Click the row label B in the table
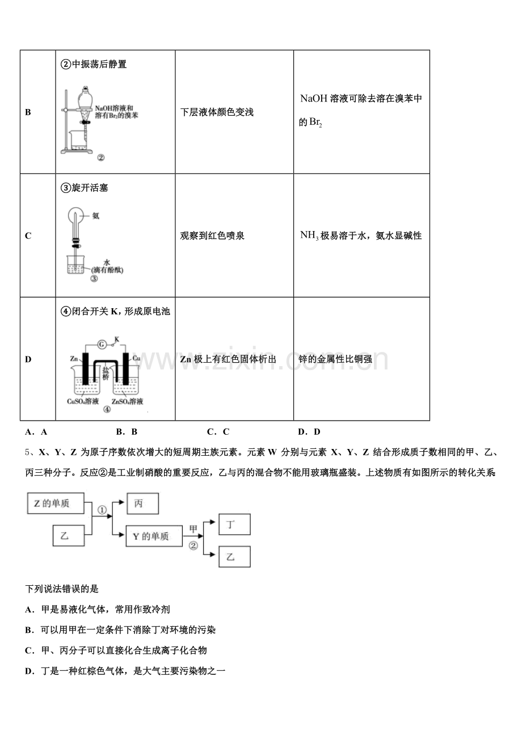coord(28,112)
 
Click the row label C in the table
coord(28,236)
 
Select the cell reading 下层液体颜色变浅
coord(217,112)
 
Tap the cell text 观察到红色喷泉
coord(212,236)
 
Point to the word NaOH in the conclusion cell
coord(313,99)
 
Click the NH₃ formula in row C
coord(309,236)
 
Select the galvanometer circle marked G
coord(102,344)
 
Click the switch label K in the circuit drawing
coord(116,339)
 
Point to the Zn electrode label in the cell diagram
coord(74,359)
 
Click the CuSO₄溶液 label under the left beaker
coord(83,401)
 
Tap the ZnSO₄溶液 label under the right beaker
coord(127,401)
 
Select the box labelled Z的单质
coord(56,503)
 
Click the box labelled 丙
coord(138,503)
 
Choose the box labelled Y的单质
coord(153,536)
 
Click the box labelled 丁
coord(234,525)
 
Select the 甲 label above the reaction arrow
coord(193,528)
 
